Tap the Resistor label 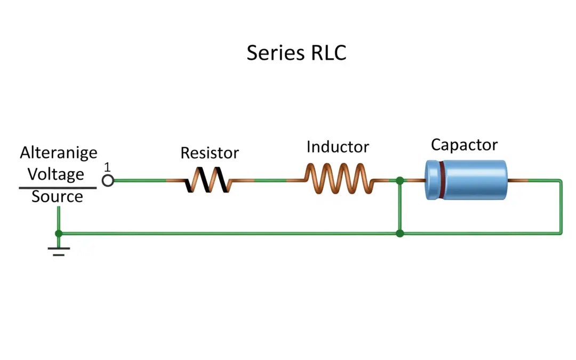(x=210, y=153)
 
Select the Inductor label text (x=338, y=147)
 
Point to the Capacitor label (x=464, y=145)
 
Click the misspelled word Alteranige (x=59, y=153)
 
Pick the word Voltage (x=56, y=174)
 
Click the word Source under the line (x=57, y=197)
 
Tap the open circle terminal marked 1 (x=108, y=180)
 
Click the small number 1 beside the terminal (x=107, y=167)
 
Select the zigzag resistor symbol (x=208, y=180)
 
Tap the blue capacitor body (x=472, y=180)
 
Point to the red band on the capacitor (x=442, y=180)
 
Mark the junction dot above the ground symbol (x=59, y=234)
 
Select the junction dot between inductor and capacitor (x=400, y=180)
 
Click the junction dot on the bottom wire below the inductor (x=400, y=234)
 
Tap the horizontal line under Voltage (x=58, y=188)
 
